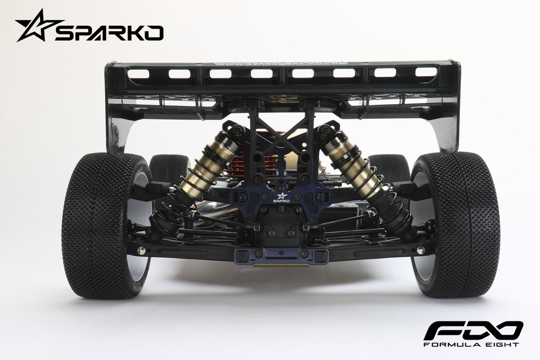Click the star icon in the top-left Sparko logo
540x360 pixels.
tap(36, 25)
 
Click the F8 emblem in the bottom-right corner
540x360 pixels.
tap(473, 330)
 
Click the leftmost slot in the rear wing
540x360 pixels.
tap(138, 73)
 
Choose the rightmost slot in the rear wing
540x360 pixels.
tap(426, 72)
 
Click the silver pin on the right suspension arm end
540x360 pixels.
tap(419, 250)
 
